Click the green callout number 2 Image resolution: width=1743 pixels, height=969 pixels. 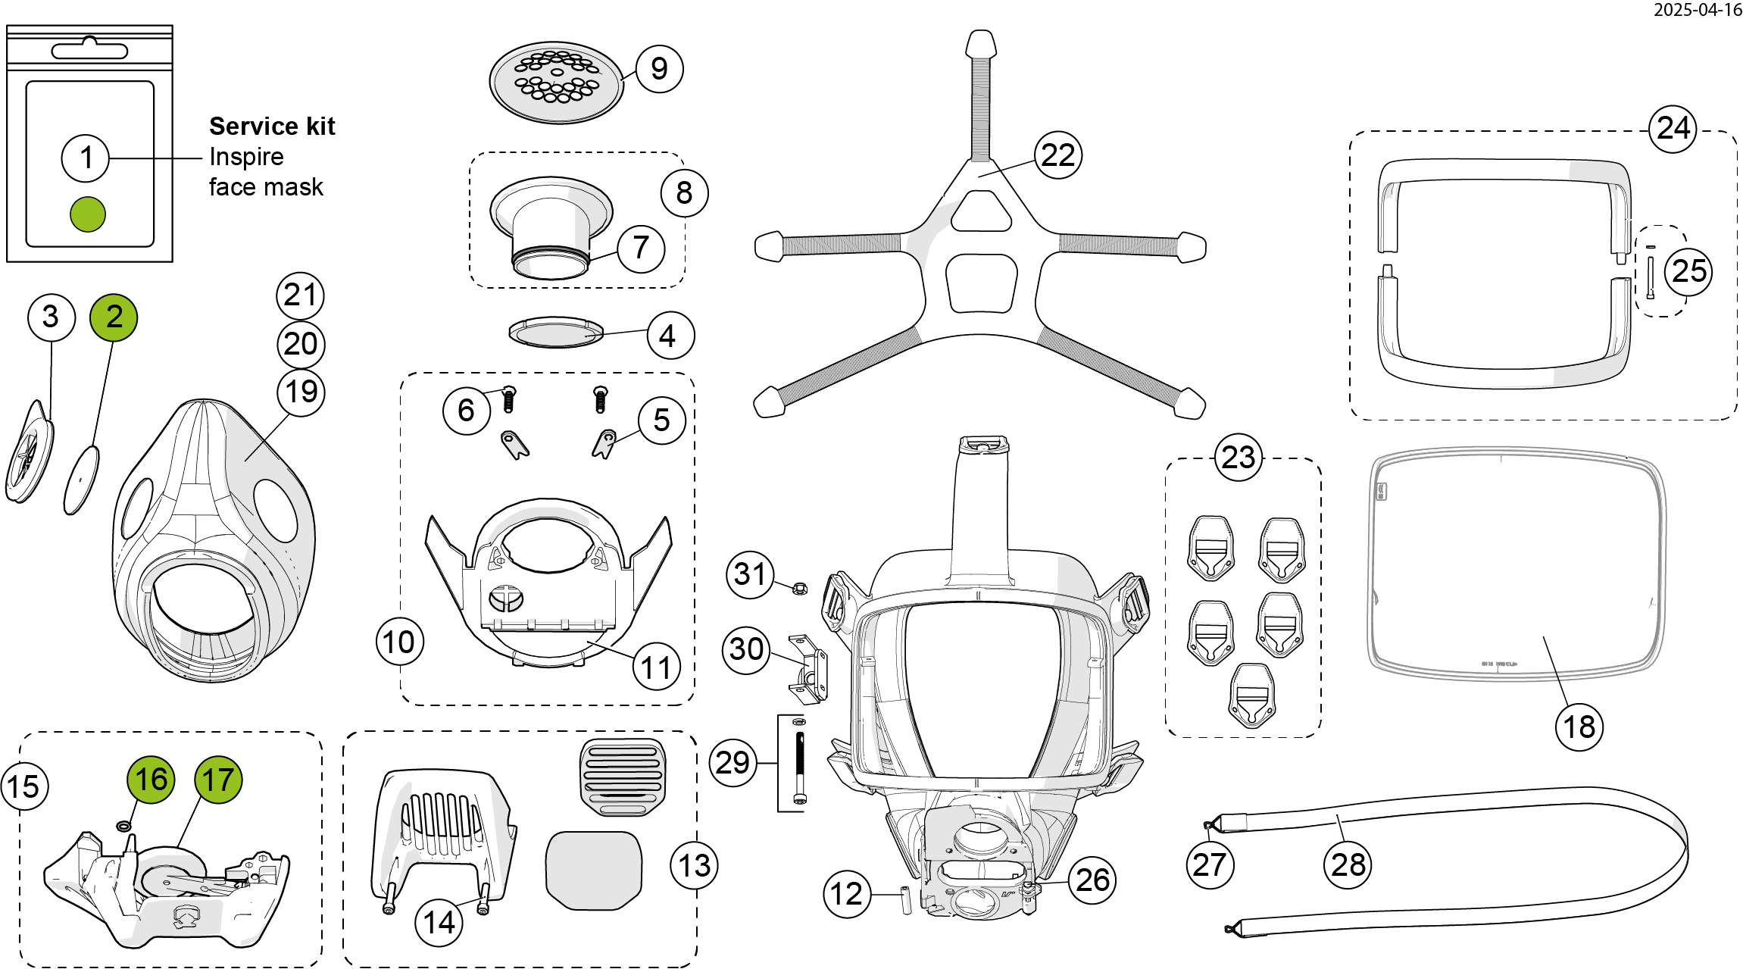(114, 317)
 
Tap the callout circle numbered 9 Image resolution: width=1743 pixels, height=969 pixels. (659, 69)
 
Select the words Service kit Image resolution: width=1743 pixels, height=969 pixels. (272, 126)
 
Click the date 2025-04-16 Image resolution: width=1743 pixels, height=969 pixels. (1698, 10)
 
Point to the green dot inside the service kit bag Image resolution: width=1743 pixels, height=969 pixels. (88, 214)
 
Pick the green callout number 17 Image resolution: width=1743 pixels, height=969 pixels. (218, 780)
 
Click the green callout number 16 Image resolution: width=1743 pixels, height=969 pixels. (151, 779)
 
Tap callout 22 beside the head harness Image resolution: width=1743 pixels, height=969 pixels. (1057, 155)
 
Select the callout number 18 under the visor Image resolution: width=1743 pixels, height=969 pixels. (1579, 727)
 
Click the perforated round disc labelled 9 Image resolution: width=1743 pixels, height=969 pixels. (556, 82)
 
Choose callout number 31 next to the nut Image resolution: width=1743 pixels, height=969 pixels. (750, 574)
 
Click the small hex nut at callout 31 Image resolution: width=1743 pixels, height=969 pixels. (799, 588)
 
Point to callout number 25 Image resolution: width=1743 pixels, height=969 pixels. (1688, 271)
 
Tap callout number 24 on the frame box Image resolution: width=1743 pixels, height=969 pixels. (1673, 128)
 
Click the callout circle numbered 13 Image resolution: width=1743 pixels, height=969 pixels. (694, 865)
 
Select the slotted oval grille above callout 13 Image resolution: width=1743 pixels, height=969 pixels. (623, 777)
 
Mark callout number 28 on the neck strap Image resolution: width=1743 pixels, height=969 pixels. (1348, 864)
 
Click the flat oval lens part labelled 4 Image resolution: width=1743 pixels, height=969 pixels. (556, 333)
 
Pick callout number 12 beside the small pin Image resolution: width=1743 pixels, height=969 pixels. (846, 894)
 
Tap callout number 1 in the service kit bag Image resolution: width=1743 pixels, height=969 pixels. (86, 158)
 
